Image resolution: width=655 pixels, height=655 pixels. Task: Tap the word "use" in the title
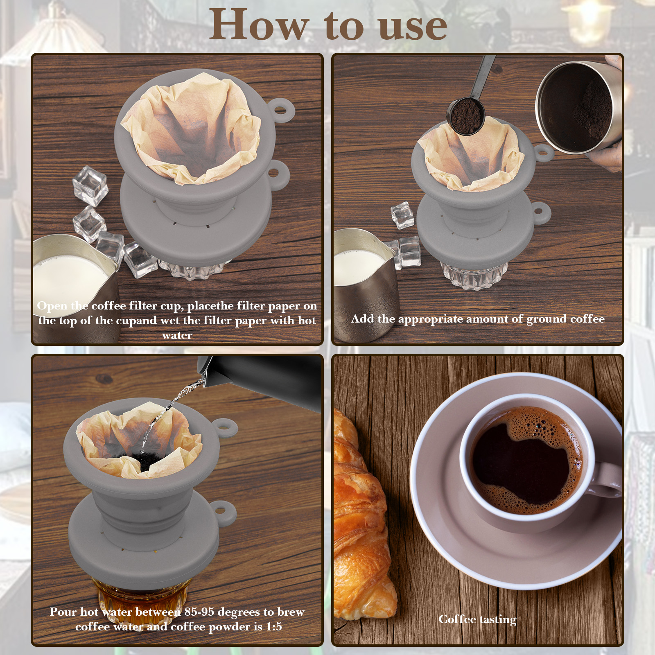pyautogui.click(x=413, y=27)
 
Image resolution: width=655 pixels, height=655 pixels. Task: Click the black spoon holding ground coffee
pyautogui.click(x=471, y=102)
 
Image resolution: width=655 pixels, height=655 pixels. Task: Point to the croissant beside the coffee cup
pyautogui.click(x=360, y=516)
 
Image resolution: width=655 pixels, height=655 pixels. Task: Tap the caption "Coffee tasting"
pyautogui.click(x=477, y=619)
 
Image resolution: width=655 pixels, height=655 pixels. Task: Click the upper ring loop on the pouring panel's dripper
pyautogui.click(x=224, y=429)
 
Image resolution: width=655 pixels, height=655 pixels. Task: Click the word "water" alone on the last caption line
pyautogui.click(x=177, y=336)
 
